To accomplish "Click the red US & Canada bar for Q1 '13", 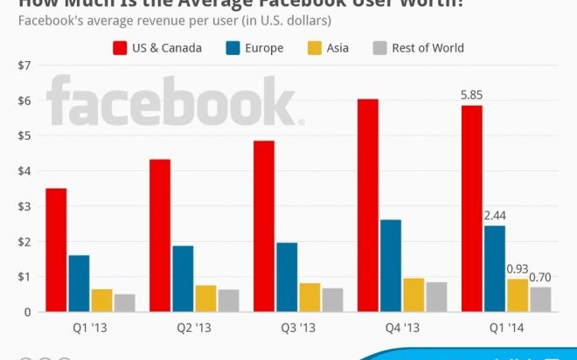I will pyautogui.click(x=56, y=250).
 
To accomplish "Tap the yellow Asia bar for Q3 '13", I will pyautogui.click(x=309, y=297).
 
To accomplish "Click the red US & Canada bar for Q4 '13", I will pyautogui.click(x=367, y=205).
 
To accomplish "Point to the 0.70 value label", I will pyautogui.click(x=541, y=278).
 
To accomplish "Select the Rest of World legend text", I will pyautogui.click(x=428, y=48).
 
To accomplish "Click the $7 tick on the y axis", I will pyautogui.click(x=24, y=66).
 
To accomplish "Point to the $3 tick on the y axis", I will pyautogui.click(x=24, y=206).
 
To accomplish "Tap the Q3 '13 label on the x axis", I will pyautogui.click(x=298, y=330).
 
